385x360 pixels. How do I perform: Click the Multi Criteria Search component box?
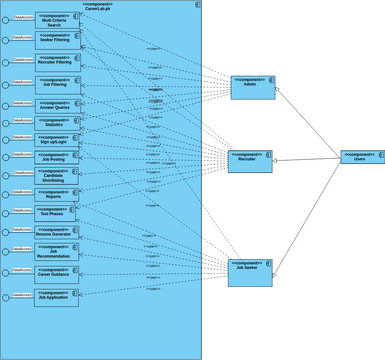pos(58,20)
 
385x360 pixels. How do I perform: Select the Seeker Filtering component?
pos(58,40)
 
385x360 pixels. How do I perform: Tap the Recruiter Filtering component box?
pos(58,62)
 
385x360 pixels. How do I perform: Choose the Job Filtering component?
pos(58,84)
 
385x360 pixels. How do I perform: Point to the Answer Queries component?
pos(58,104)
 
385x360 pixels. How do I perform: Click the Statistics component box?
pos(58,123)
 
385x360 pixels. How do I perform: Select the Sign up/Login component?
pos(58,140)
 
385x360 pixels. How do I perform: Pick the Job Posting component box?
pos(58,157)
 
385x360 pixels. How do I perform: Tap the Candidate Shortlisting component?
pos(58,175)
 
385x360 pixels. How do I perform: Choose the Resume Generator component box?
pos(56,232)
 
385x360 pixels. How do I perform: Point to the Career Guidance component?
pos(56,272)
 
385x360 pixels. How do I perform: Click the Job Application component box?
pos(56,297)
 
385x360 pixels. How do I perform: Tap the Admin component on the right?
pos(252,87)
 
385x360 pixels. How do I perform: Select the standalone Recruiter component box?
pos(249,161)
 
